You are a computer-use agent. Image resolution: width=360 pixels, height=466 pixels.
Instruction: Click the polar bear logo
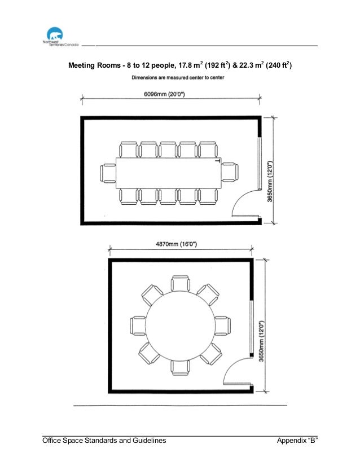pos(55,34)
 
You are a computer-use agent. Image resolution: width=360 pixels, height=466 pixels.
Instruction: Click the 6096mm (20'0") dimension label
pos(164,94)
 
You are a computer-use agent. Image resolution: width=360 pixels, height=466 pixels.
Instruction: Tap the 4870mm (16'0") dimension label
pos(176,244)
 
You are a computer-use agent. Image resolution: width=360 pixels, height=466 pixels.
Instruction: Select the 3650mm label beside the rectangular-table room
pos(270,182)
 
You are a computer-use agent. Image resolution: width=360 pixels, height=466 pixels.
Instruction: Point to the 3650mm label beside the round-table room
pos(261,341)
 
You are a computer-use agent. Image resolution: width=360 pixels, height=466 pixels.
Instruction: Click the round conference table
pos(180,326)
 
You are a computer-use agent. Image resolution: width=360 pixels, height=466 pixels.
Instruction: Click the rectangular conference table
pos(169,173)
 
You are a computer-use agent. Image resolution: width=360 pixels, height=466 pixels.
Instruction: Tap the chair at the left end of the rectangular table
pos(108,173)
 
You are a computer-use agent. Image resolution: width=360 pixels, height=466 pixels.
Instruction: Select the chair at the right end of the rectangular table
pos(230,173)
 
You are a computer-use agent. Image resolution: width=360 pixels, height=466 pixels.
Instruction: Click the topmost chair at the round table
pos(181,284)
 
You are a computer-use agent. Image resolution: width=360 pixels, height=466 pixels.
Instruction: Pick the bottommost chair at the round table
pos(181,368)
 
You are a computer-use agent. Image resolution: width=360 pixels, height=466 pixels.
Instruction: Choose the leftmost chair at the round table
pos(138,326)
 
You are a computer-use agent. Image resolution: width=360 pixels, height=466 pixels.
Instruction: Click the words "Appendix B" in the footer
pos(297,441)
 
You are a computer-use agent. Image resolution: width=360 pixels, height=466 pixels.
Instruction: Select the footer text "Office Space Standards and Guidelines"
pos(104,441)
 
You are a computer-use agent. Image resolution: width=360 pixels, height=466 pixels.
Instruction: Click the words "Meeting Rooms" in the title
pos(94,65)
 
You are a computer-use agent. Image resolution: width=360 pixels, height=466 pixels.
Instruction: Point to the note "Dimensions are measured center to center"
pos(178,77)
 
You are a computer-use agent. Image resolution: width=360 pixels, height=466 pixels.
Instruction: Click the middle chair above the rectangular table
pos(168,150)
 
